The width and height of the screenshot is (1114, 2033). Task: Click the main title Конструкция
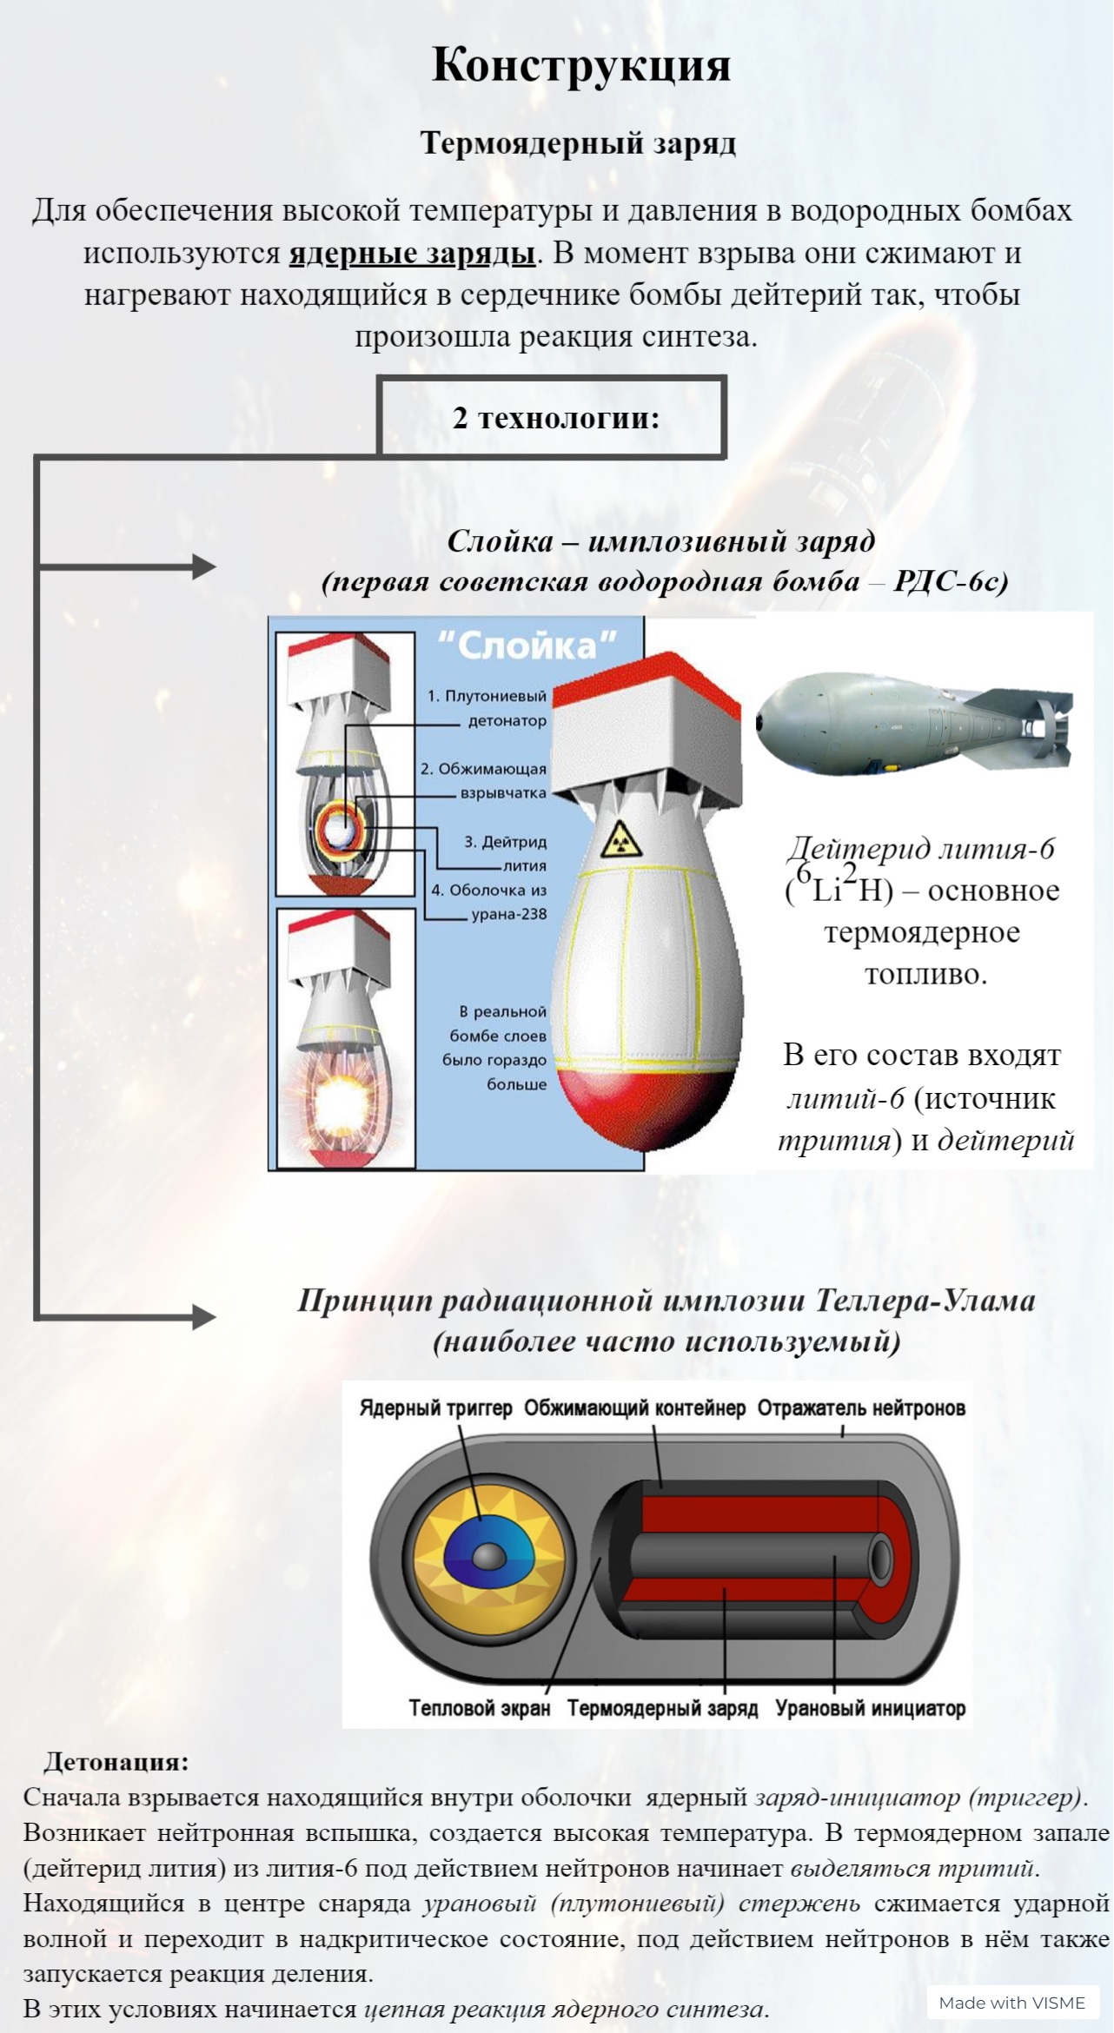tap(580, 66)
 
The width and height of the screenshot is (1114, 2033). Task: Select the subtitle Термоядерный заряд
tap(578, 143)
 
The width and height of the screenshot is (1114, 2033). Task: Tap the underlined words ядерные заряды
tap(412, 254)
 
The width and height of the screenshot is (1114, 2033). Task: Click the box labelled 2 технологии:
tap(553, 418)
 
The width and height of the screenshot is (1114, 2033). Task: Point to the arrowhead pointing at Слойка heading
tap(204, 567)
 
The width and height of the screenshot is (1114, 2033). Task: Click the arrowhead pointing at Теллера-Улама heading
tap(204, 1316)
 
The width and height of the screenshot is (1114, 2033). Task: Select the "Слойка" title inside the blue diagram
tap(527, 646)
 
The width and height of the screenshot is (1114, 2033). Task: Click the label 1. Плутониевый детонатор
tap(487, 708)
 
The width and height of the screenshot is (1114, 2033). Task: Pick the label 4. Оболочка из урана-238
tap(489, 902)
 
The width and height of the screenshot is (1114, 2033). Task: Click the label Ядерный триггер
tap(435, 1408)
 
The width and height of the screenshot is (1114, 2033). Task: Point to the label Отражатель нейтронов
tap(861, 1408)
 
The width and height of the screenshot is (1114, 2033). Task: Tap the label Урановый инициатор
tap(870, 1708)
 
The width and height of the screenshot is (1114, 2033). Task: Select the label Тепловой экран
tap(480, 1708)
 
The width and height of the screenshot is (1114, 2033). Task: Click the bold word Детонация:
tap(116, 1762)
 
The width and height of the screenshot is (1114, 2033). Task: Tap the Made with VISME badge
tap(1012, 2003)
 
